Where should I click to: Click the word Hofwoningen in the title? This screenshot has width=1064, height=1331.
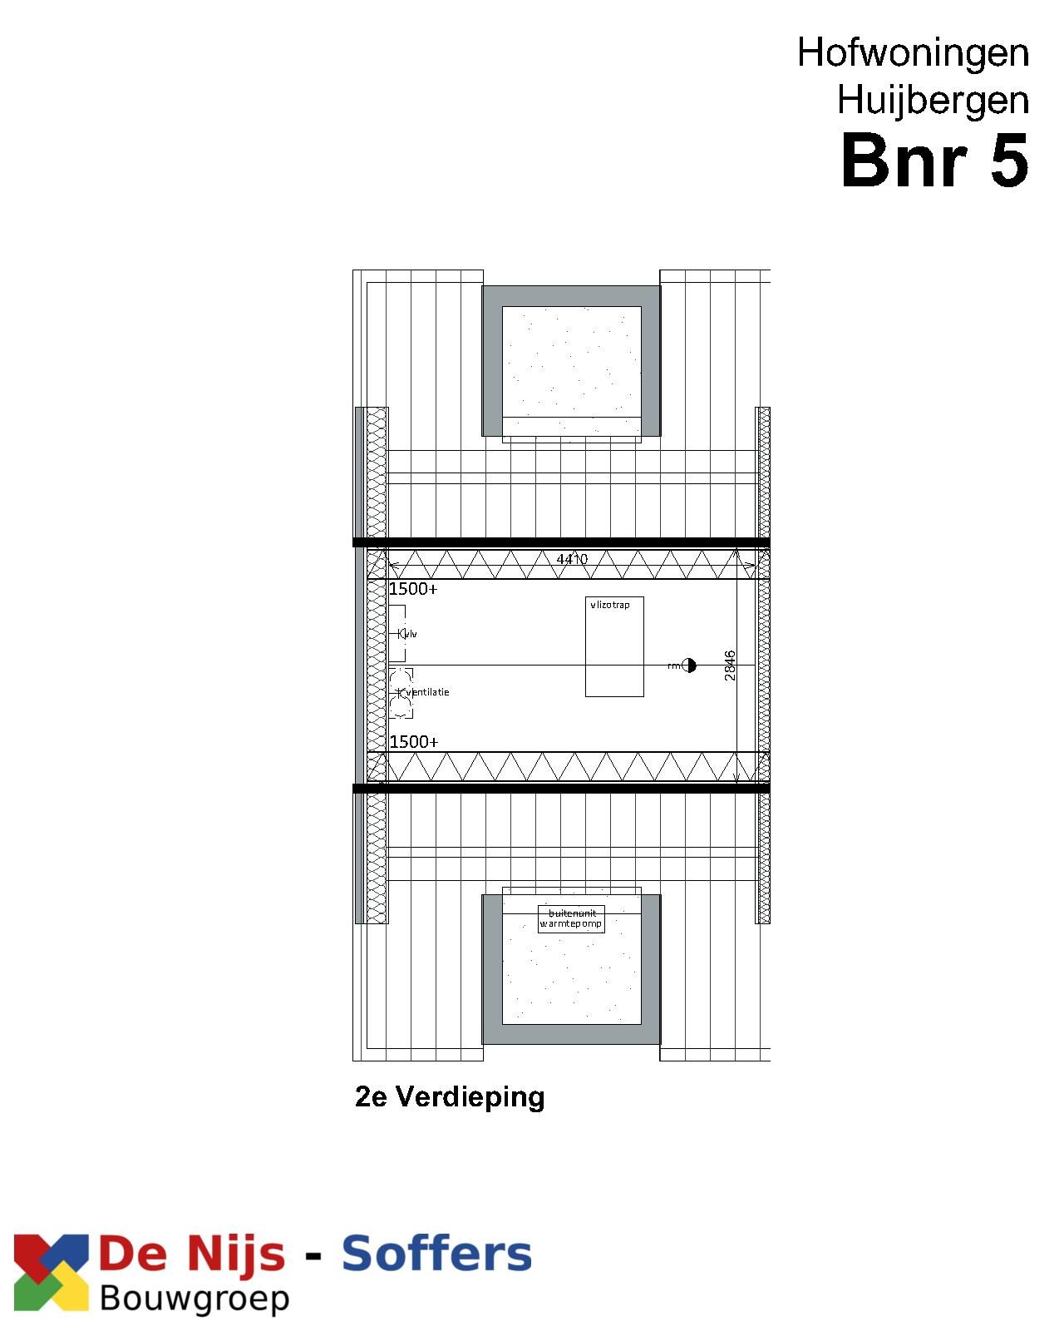coord(913,53)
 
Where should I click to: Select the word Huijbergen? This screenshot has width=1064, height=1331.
coord(933,101)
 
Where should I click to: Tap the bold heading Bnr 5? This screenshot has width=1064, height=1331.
coord(934,161)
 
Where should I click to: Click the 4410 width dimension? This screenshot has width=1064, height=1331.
coord(572,559)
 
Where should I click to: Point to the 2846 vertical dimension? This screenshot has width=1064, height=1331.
coord(730,665)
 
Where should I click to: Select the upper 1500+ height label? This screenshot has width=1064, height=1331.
coord(413,589)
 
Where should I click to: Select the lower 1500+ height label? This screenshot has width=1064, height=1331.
coord(414,741)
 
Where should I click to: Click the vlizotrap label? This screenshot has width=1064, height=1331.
coord(610,605)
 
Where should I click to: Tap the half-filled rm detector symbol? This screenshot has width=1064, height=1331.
coord(689,665)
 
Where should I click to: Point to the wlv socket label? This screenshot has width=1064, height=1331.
coord(410,634)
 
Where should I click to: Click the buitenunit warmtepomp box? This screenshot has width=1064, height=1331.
coord(571,918)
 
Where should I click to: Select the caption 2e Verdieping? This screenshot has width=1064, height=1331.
coord(450,1096)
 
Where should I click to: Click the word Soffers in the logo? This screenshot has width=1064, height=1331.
coord(436,1254)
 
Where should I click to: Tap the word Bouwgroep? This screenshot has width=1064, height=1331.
coord(195,1299)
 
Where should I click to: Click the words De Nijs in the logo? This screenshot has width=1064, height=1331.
coord(192,1254)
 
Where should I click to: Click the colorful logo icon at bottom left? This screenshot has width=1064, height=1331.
coord(51,1272)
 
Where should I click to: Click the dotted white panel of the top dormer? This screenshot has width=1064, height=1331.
coord(571,362)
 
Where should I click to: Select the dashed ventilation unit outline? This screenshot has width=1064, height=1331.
coord(401,693)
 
